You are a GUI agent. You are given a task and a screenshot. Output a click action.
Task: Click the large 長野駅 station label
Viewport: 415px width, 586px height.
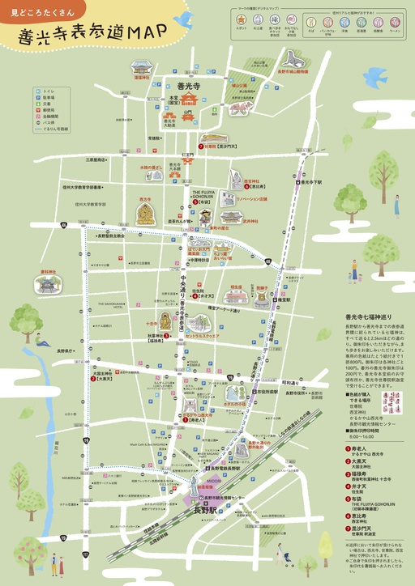pyautogui.click(x=207, y=512)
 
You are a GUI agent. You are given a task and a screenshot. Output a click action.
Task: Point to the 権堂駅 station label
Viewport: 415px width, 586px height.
pyautogui.click(x=284, y=299)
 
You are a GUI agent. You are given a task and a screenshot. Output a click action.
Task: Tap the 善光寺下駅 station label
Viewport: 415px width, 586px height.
pyautogui.click(x=311, y=182)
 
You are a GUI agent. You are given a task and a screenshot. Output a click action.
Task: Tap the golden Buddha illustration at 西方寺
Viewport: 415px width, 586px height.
pyautogui.click(x=145, y=214)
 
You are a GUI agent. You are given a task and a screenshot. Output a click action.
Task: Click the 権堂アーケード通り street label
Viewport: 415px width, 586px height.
pyautogui.click(x=225, y=310)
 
